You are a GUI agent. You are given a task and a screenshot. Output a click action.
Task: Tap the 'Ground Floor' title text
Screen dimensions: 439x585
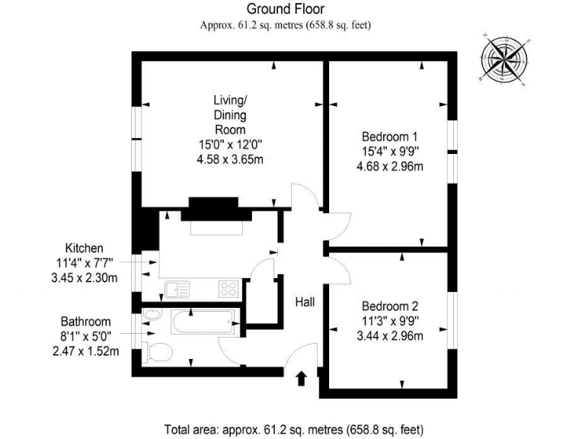pyautogui.click(x=286, y=10)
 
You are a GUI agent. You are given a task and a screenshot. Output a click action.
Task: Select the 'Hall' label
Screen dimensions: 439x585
pyautogui.click(x=305, y=303)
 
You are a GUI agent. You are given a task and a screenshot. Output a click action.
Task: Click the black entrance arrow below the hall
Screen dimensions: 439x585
pyautogui.click(x=302, y=377)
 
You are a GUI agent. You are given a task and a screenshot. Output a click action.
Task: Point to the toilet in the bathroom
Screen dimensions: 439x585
pyautogui.click(x=158, y=351)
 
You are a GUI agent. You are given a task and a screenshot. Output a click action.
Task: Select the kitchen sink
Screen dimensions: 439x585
pyautogui.click(x=177, y=289)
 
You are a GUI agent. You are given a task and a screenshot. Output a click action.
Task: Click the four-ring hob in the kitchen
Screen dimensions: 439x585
pyautogui.click(x=229, y=288)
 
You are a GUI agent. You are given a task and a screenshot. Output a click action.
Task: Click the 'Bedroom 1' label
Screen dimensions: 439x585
pyautogui.click(x=392, y=137)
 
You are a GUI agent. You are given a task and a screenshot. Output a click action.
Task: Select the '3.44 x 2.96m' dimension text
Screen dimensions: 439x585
pyautogui.click(x=392, y=335)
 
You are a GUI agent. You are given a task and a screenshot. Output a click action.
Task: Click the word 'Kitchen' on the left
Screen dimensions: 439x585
pyautogui.click(x=84, y=248)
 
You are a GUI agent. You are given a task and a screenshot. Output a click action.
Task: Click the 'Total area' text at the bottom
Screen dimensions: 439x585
pyautogui.click(x=292, y=428)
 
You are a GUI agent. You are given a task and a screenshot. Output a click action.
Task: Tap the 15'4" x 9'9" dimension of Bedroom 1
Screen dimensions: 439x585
pyautogui.click(x=392, y=152)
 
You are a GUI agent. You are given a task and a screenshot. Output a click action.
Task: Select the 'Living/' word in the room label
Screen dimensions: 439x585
pyautogui.click(x=229, y=101)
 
